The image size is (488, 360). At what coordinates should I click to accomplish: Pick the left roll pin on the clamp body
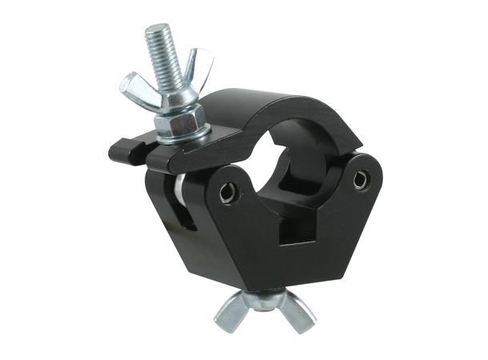228,191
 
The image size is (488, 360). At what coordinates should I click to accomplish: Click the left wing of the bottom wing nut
231,315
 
